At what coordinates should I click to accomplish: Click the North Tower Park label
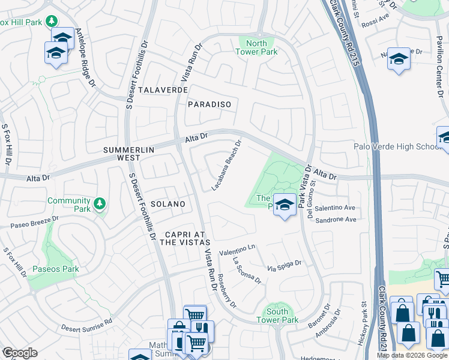(x=257, y=47)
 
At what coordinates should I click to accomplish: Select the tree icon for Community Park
(x=100, y=205)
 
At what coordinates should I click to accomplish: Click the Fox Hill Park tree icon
(x=52, y=23)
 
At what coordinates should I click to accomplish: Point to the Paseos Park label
(x=56, y=269)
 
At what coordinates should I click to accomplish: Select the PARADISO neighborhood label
(x=209, y=104)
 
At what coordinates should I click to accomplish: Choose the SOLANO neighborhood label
(x=168, y=204)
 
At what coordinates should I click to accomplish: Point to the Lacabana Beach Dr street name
(x=226, y=166)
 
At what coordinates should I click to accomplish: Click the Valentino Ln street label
(x=237, y=247)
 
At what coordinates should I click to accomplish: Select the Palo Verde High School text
(x=397, y=147)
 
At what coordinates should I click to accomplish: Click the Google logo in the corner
(x=19, y=352)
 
